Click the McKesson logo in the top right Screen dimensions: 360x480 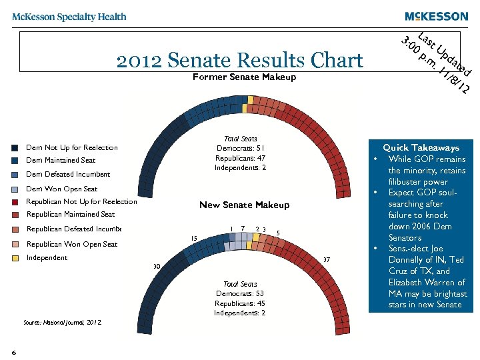coord(436,17)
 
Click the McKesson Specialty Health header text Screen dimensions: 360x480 coord(69,17)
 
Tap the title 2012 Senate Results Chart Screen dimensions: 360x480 coord(239,61)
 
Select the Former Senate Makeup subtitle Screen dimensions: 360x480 coord(243,77)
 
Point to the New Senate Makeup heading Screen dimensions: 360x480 coord(244,205)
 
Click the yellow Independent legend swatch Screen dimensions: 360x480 coord(15,258)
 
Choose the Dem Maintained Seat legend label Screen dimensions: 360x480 coord(61,160)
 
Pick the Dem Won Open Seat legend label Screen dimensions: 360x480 coord(61,189)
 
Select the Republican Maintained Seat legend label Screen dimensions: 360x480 coord(70,214)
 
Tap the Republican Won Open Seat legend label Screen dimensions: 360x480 coord(71,244)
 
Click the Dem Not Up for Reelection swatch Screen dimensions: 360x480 coord(15,148)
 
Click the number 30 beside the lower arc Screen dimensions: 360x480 coord(157,267)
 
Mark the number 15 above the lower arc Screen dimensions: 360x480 coord(194,238)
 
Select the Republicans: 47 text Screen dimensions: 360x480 coord(240,158)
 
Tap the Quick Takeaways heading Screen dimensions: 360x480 coord(421,147)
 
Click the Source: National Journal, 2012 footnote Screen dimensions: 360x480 coord(62,322)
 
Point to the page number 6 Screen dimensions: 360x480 coord(13,351)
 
